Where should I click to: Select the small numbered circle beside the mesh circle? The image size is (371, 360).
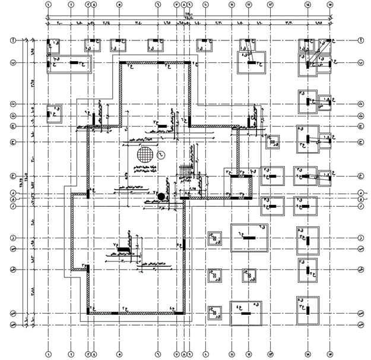(x=160, y=155)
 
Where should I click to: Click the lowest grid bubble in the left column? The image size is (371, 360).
(x=12, y=324)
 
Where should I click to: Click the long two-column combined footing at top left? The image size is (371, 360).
(x=69, y=62)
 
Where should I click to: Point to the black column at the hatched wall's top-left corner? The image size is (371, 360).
(x=122, y=62)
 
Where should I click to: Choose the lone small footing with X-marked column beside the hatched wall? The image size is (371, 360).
(x=274, y=141)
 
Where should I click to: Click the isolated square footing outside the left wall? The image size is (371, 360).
(x=55, y=112)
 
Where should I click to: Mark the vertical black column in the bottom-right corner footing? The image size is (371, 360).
(x=307, y=308)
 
